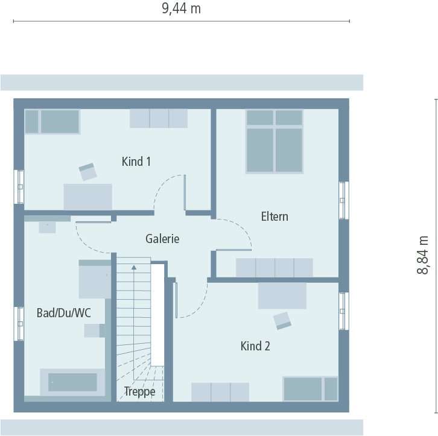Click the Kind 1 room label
click(136, 162)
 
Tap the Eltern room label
click(275, 216)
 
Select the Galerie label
click(162, 239)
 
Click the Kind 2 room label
click(255, 346)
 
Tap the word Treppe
click(140, 391)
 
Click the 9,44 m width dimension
click(181, 8)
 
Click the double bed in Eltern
click(274, 141)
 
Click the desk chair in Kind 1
click(88, 171)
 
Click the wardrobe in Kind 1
click(159, 118)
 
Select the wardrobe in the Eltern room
click(274, 267)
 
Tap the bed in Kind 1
click(52, 121)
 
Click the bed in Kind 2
click(310, 388)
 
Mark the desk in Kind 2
click(282, 296)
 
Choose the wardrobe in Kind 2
click(220, 391)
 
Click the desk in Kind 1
click(88, 196)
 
